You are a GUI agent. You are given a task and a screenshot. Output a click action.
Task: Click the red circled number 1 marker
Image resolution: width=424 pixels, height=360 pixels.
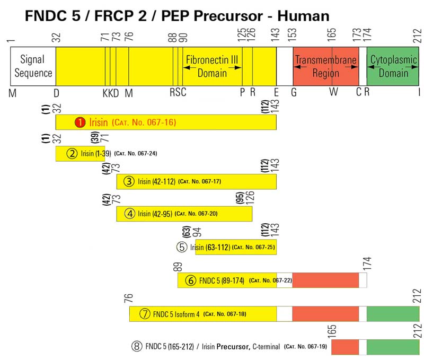(x=79, y=122)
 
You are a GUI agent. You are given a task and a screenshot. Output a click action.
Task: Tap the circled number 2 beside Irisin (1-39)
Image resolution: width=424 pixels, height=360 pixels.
(x=72, y=154)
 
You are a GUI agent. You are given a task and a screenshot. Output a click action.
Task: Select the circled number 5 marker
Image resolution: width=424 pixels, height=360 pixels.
(x=182, y=247)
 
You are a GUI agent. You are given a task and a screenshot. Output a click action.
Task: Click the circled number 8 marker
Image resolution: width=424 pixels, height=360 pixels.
(x=137, y=347)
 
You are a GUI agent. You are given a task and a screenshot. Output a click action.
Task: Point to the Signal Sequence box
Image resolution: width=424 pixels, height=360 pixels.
(x=33, y=66)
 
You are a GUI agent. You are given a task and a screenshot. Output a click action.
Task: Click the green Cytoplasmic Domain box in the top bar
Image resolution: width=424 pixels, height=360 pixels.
(x=393, y=66)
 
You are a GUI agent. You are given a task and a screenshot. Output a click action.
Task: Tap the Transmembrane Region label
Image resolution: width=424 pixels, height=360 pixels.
(x=325, y=66)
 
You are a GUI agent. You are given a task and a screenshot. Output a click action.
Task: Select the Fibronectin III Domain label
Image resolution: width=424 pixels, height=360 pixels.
(x=212, y=66)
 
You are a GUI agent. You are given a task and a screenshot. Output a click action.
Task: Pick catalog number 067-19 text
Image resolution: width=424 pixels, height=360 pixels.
(x=306, y=347)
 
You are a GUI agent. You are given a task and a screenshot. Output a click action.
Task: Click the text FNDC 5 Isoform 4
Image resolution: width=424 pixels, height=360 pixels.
(x=176, y=313)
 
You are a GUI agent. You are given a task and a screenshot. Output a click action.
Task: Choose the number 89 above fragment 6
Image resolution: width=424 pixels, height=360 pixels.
(x=178, y=267)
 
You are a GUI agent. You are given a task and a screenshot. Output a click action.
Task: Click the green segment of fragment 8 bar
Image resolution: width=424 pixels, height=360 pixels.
(x=393, y=347)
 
